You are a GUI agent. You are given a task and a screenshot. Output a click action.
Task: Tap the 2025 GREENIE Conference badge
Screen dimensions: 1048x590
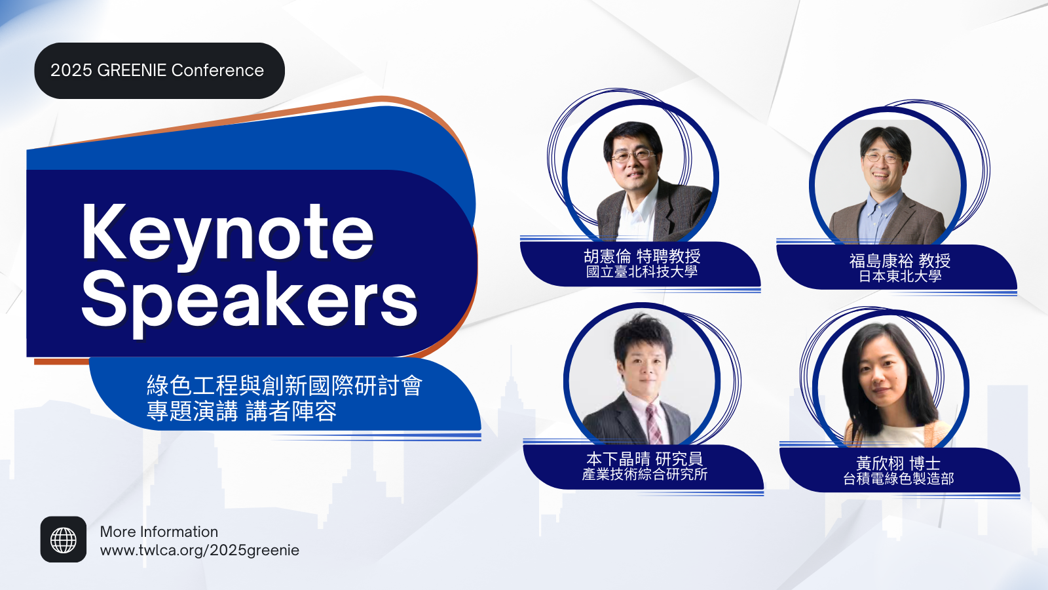(x=160, y=71)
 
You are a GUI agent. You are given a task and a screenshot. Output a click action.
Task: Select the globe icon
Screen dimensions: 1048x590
(x=64, y=540)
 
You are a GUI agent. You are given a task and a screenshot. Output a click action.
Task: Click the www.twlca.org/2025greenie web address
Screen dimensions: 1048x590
(x=200, y=550)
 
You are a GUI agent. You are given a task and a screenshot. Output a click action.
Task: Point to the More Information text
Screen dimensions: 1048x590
(x=159, y=532)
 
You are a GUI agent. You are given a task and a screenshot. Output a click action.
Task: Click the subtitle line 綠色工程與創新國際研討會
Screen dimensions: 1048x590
(x=284, y=385)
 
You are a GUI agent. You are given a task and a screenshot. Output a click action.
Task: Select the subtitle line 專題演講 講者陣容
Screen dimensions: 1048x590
(x=242, y=411)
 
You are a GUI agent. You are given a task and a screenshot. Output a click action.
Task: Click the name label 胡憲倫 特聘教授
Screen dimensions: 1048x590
(x=642, y=256)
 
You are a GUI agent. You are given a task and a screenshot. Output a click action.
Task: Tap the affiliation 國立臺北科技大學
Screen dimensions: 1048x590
(x=642, y=271)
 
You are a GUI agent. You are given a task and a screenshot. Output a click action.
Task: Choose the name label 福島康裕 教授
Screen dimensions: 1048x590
(x=900, y=261)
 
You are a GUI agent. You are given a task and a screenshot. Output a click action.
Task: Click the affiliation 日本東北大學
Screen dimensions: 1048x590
(x=900, y=276)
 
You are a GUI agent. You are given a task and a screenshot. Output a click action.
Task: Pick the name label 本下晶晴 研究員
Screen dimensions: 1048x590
(x=645, y=459)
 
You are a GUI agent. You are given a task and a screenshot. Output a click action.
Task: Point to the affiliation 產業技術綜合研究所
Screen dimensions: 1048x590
(x=645, y=475)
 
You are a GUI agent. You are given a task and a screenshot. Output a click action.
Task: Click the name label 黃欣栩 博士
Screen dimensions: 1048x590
(x=898, y=463)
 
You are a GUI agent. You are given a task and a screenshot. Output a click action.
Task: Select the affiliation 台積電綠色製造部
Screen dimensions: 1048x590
(x=898, y=479)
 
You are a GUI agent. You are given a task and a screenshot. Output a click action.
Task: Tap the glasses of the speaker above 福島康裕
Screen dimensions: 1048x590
(x=882, y=158)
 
